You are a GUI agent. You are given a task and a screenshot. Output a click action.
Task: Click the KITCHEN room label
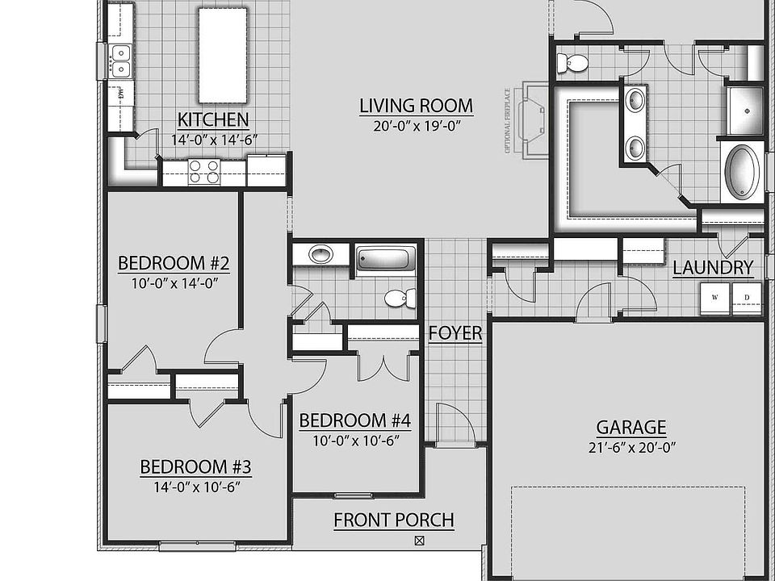tap(213, 121)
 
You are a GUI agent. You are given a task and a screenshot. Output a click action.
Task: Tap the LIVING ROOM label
tap(416, 106)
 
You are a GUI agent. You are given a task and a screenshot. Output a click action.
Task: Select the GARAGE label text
tap(631, 428)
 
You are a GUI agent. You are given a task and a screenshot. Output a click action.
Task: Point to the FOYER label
tap(455, 333)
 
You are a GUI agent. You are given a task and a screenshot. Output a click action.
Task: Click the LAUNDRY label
tap(713, 268)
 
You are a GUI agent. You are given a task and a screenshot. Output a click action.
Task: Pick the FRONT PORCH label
tap(394, 520)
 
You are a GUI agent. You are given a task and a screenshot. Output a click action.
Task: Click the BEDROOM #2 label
tap(174, 264)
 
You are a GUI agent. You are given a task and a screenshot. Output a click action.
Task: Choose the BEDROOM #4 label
tap(355, 420)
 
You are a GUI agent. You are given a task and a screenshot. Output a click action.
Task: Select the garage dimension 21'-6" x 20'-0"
tap(631, 448)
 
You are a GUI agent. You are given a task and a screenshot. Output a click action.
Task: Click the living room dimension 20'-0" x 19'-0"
tap(416, 126)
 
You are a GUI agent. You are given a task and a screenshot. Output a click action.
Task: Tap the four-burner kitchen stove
tap(204, 172)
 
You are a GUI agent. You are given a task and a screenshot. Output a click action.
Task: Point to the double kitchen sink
tap(119, 61)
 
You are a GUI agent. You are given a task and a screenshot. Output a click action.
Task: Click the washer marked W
tap(715, 298)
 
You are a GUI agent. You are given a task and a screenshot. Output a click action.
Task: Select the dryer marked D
tap(747, 298)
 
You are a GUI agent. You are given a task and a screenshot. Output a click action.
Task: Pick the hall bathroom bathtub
tap(386, 260)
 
